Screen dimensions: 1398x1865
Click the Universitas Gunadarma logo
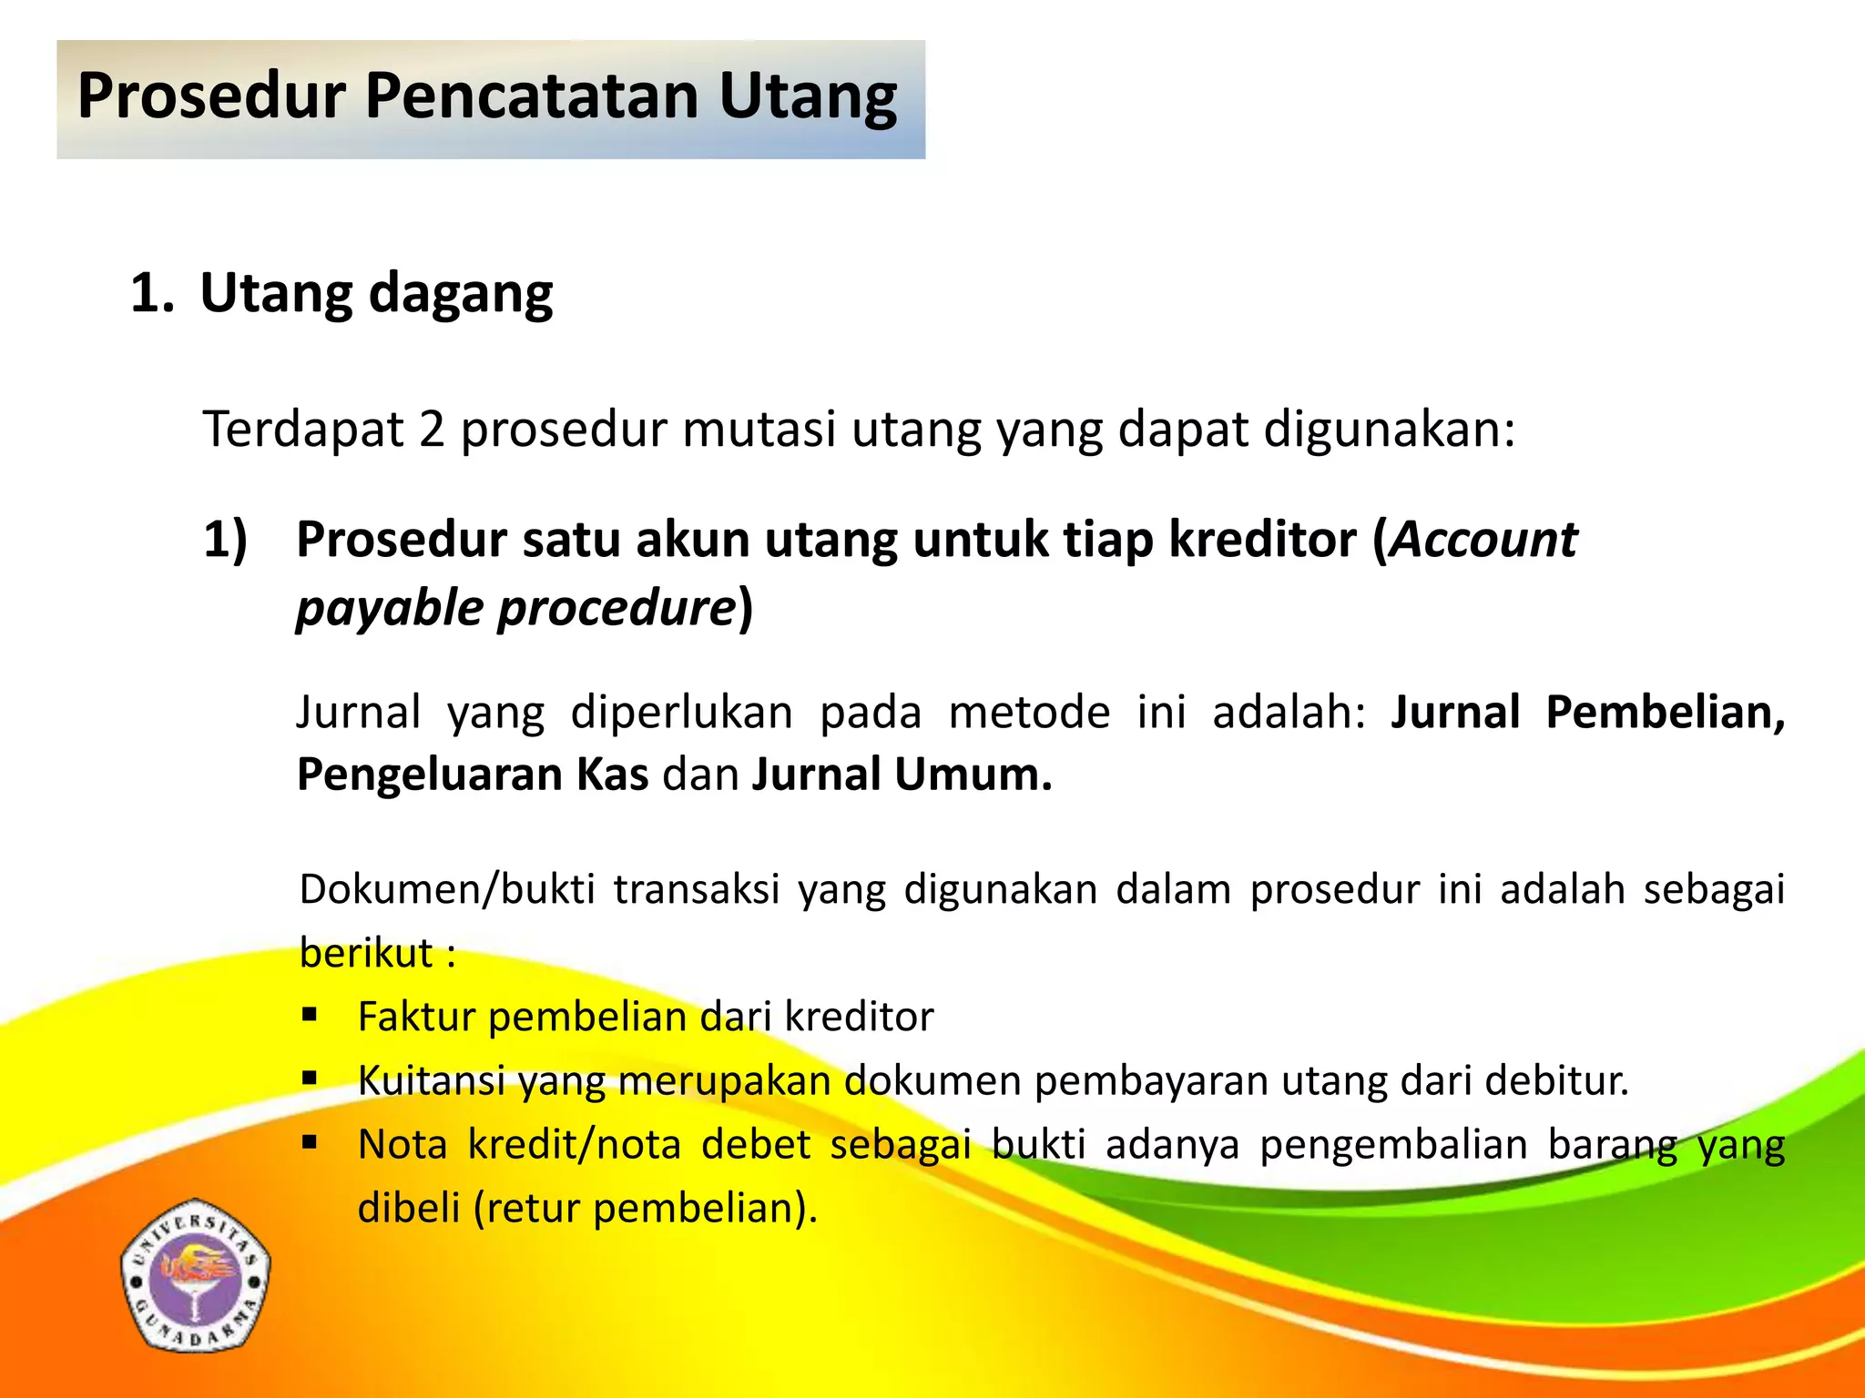196,1275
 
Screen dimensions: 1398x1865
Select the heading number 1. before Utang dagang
151,294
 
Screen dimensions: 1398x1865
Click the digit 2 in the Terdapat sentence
432,429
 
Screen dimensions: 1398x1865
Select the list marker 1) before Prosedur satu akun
225,541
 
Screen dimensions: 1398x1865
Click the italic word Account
1484,539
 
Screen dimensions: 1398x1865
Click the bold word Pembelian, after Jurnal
1665,712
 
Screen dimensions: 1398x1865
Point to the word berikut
366,953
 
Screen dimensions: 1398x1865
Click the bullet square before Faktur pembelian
310,1014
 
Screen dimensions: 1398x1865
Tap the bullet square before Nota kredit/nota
310,1141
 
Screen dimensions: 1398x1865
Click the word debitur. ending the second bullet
1556,1080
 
